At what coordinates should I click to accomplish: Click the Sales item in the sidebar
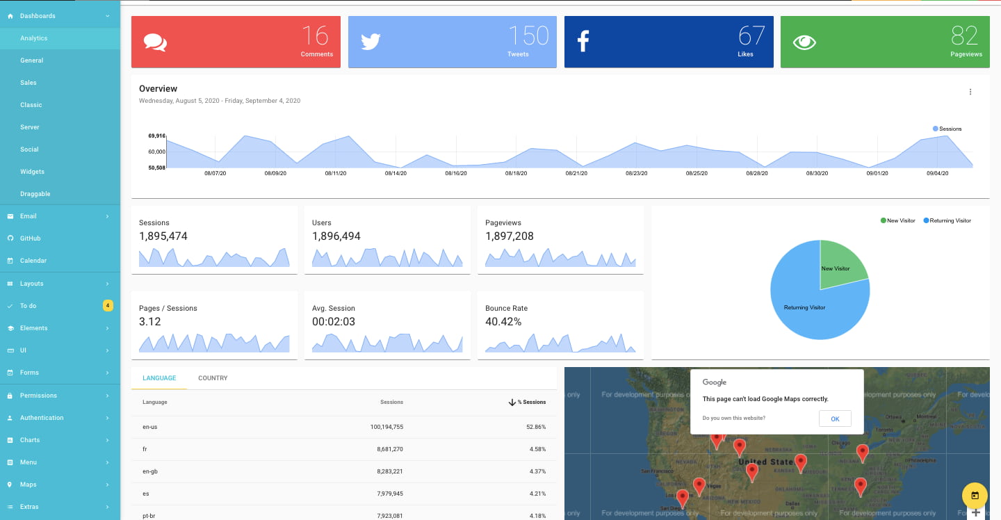tap(29, 83)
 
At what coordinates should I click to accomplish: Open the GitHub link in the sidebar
tap(31, 238)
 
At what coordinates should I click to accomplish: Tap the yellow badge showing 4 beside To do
tap(108, 305)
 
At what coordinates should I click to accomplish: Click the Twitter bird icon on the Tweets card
tap(371, 42)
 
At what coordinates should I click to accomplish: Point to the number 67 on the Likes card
tap(751, 35)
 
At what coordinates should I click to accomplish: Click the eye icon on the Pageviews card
tap(804, 42)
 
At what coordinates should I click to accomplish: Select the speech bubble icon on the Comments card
tap(155, 42)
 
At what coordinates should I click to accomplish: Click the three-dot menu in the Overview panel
tap(970, 92)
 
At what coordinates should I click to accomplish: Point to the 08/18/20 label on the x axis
tap(516, 173)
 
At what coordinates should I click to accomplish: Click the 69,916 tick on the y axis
tap(156, 136)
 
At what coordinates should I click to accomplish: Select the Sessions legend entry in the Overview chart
tap(947, 129)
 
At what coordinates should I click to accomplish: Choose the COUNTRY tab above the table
tap(213, 378)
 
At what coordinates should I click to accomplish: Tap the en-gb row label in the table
tap(149, 471)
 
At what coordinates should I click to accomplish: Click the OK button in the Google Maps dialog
tap(835, 419)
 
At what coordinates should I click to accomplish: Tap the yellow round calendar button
tap(975, 496)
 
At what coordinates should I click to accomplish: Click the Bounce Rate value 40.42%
tap(503, 322)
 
